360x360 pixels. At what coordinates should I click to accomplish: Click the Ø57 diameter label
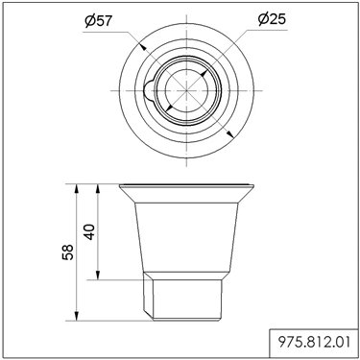coord(99,21)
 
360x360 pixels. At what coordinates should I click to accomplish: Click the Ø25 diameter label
coord(272,19)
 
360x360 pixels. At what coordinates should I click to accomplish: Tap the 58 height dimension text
coord(68,252)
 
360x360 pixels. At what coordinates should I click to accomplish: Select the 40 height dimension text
coord(89,232)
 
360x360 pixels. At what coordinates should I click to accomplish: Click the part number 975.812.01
coord(314,343)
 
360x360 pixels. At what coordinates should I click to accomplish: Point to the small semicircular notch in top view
coord(149,90)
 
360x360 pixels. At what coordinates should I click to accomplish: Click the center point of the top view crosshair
coord(186,90)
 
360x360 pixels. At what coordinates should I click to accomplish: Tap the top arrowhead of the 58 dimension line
coord(76,188)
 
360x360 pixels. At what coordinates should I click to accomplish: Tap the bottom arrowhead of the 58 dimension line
coord(76,316)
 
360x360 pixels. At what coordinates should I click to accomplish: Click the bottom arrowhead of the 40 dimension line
coord(98,276)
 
